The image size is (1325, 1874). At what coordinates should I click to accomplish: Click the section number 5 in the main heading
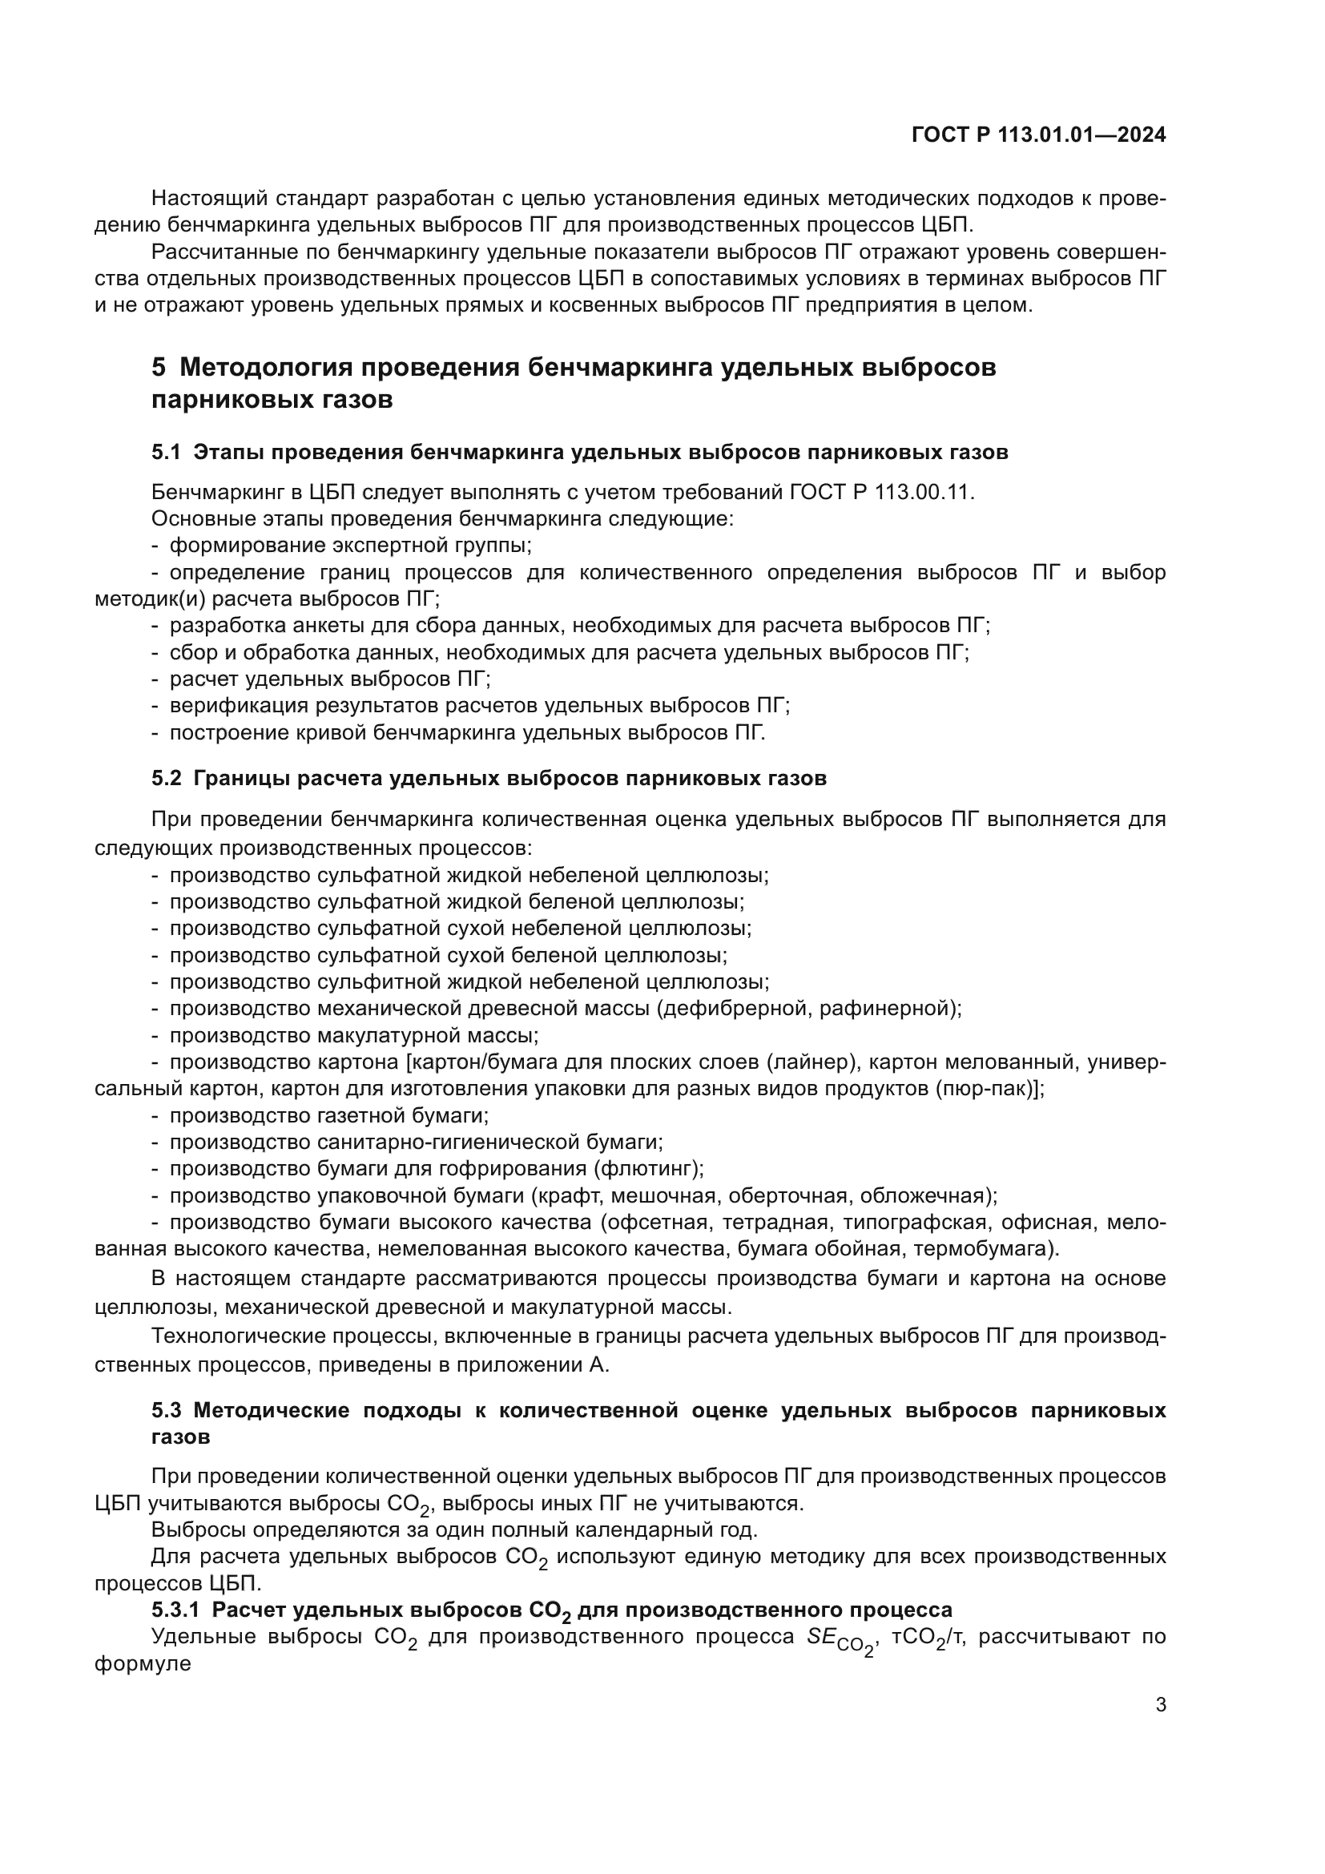tap(159, 367)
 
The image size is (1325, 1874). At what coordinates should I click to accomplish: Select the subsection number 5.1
tap(166, 452)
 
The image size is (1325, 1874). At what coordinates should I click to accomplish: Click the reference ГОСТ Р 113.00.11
tap(883, 492)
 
